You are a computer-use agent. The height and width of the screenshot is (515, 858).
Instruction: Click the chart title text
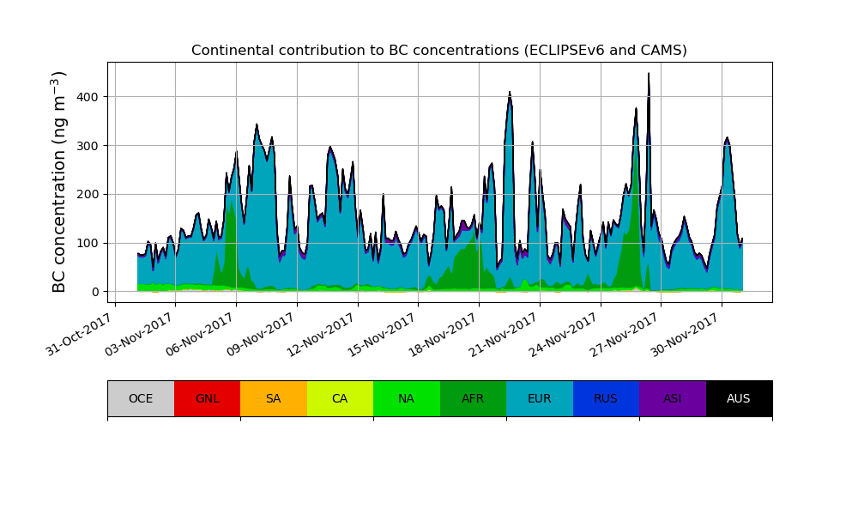(x=438, y=51)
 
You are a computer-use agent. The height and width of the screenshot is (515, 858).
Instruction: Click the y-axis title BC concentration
(x=59, y=181)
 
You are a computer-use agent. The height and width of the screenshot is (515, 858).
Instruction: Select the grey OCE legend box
(x=141, y=398)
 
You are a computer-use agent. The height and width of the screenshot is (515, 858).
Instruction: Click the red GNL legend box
(x=207, y=398)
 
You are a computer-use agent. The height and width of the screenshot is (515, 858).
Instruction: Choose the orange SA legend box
(x=274, y=398)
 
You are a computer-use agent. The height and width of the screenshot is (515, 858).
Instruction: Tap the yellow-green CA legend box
(x=340, y=398)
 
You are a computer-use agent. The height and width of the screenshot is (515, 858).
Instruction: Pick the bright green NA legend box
(x=407, y=398)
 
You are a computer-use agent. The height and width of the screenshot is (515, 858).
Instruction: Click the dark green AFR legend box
(x=473, y=398)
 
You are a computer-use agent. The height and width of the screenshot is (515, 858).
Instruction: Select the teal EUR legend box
(x=540, y=398)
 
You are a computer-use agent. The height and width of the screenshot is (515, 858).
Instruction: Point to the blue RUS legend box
(x=606, y=398)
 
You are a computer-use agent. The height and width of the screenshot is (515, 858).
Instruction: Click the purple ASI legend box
(x=673, y=398)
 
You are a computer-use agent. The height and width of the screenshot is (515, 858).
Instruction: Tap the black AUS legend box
(x=739, y=398)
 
